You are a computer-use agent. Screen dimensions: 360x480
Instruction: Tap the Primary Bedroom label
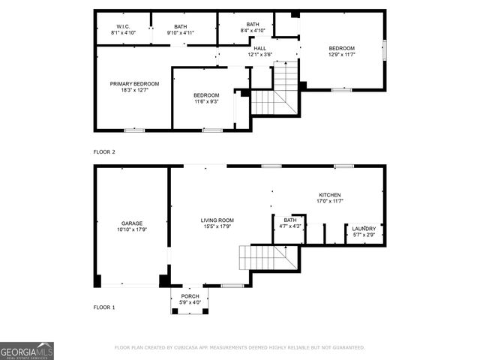click(x=134, y=83)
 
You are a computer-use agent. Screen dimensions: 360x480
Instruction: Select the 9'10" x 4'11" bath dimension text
click(x=181, y=33)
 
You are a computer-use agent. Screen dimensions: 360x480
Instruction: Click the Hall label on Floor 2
click(x=259, y=48)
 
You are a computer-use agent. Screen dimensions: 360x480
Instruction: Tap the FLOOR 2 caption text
click(x=104, y=151)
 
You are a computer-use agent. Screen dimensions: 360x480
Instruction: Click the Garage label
click(x=132, y=223)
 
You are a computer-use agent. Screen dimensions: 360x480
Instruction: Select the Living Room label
click(x=217, y=220)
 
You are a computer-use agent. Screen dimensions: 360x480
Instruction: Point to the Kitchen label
click(x=329, y=194)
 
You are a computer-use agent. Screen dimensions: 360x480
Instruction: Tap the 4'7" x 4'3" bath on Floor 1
click(x=289, y=223)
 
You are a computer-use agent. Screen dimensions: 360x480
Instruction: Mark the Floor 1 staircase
click(x=266, y=259)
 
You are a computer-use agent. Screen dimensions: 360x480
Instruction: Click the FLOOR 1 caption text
click(x=104, y=307)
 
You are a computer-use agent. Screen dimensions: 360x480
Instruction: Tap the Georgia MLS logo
click(x=27, y=350)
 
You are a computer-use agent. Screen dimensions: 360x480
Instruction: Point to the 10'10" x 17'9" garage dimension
click(x=132, y=229)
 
